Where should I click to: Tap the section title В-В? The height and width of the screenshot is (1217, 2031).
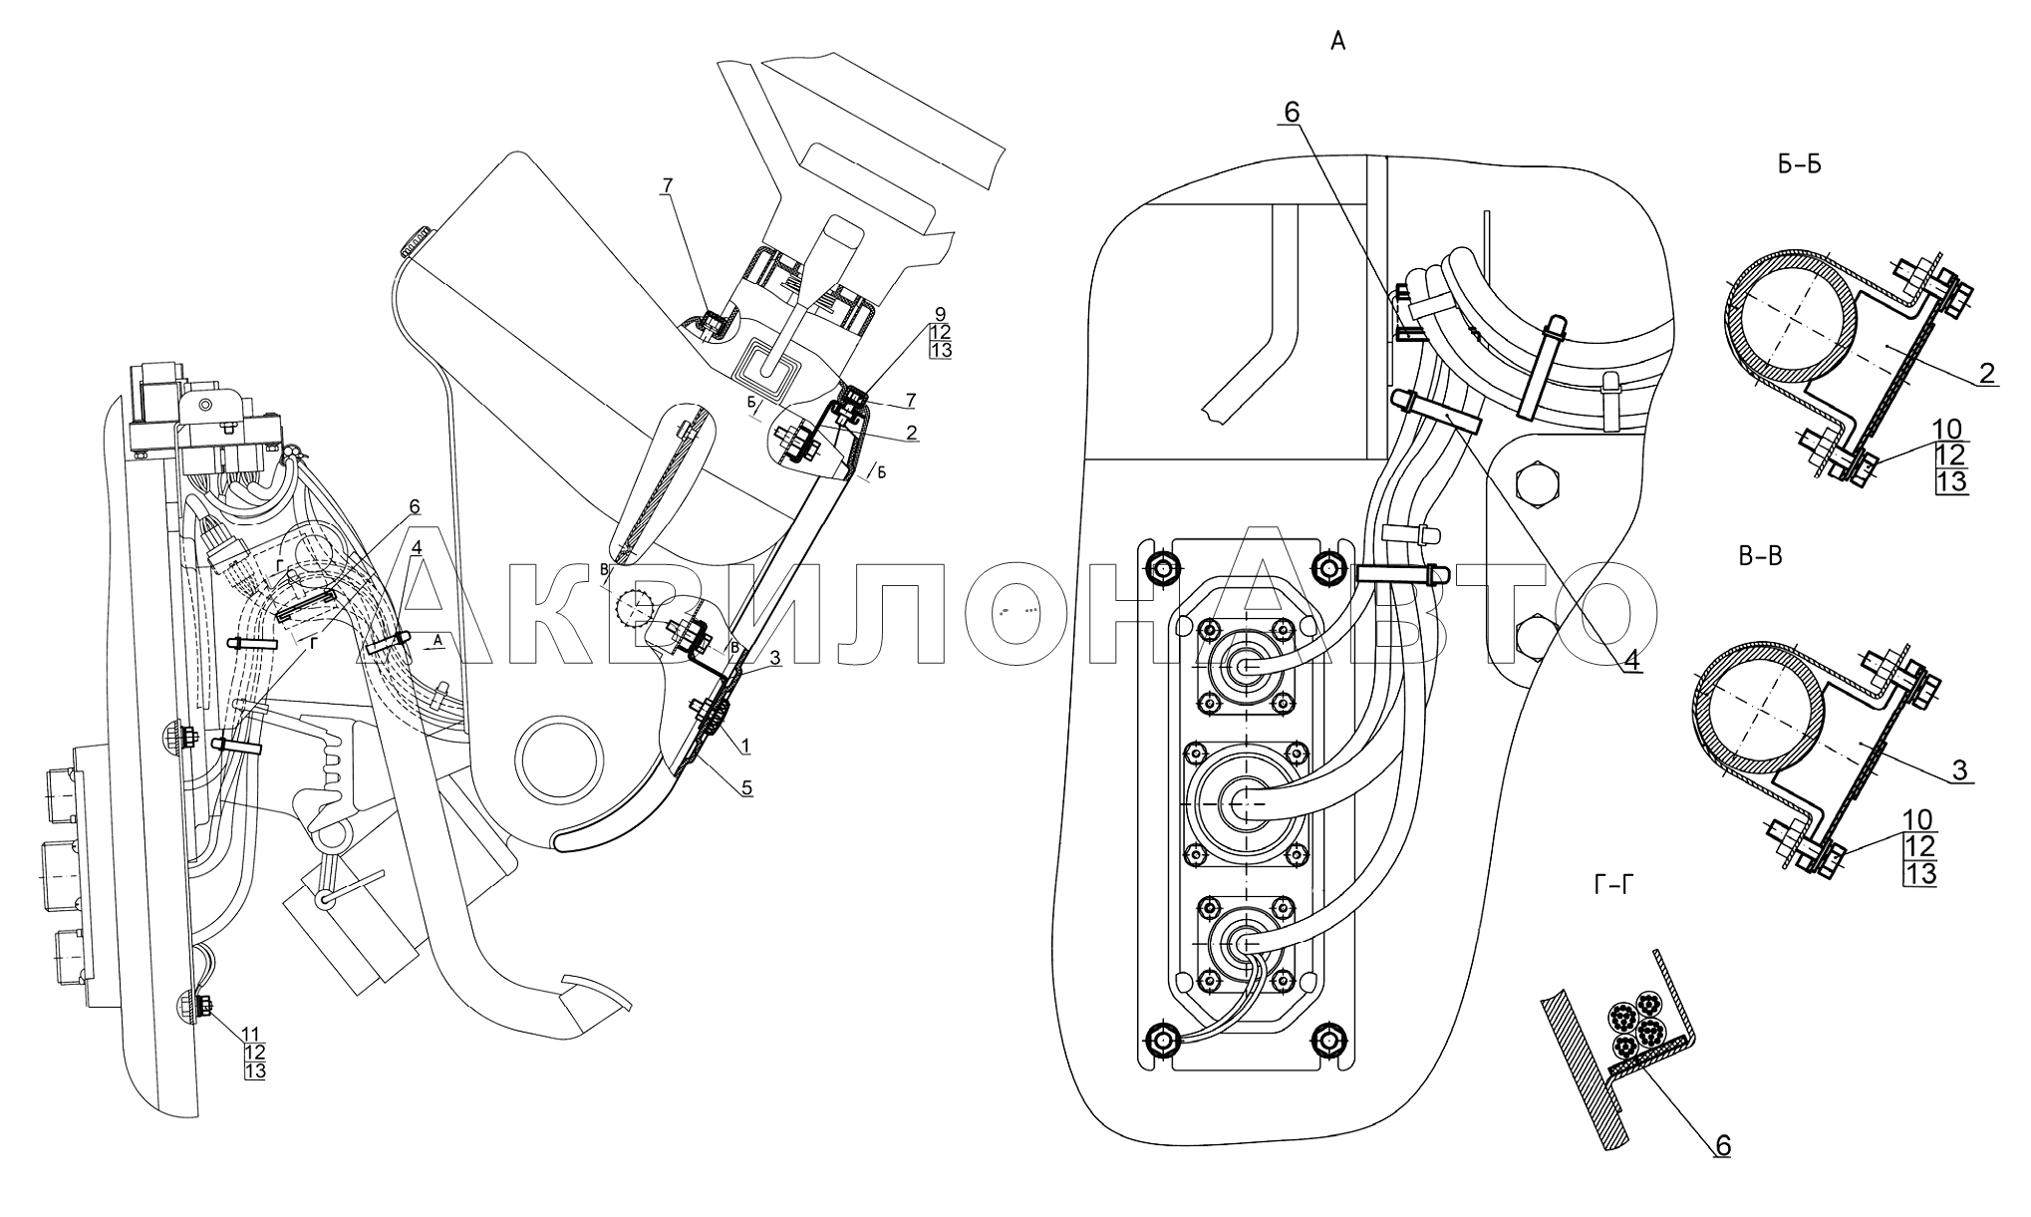[1760, 556]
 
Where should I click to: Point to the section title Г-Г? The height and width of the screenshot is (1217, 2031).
[1613, 883]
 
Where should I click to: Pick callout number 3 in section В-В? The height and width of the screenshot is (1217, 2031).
[1959, 769]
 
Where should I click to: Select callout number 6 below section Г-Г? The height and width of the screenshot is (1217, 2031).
[1722, 1145]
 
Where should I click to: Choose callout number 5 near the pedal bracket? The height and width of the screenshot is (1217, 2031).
[746, 787]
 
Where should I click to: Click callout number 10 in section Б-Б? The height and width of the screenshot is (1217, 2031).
[1947, 430]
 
